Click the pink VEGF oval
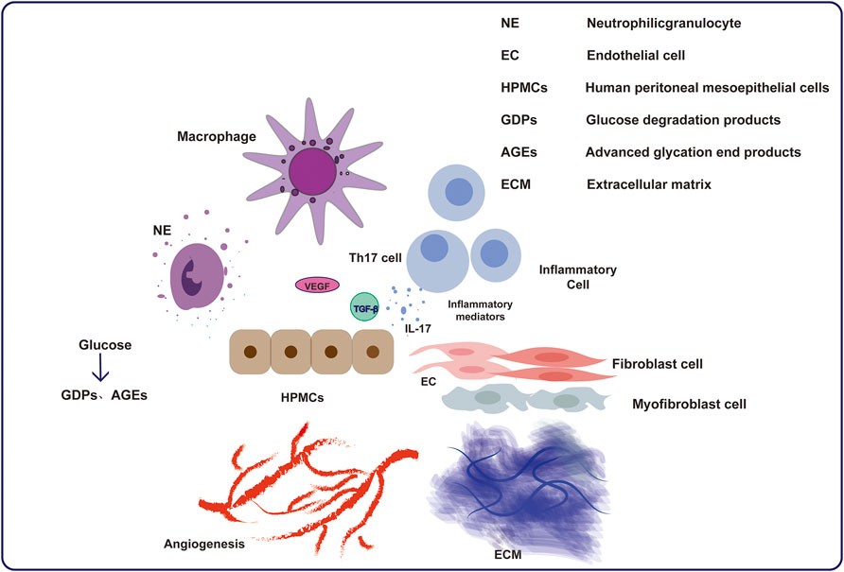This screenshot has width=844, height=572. click(x=317, y=284)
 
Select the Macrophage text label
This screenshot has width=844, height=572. click(x=216, y=137)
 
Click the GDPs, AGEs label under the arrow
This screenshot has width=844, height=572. click(x=98, y=396)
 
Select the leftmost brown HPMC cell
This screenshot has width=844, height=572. click(x=250, y=352)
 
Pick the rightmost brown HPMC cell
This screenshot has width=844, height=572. click(x=373, y=352)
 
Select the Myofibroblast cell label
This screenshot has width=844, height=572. click(x=689, y=404)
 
